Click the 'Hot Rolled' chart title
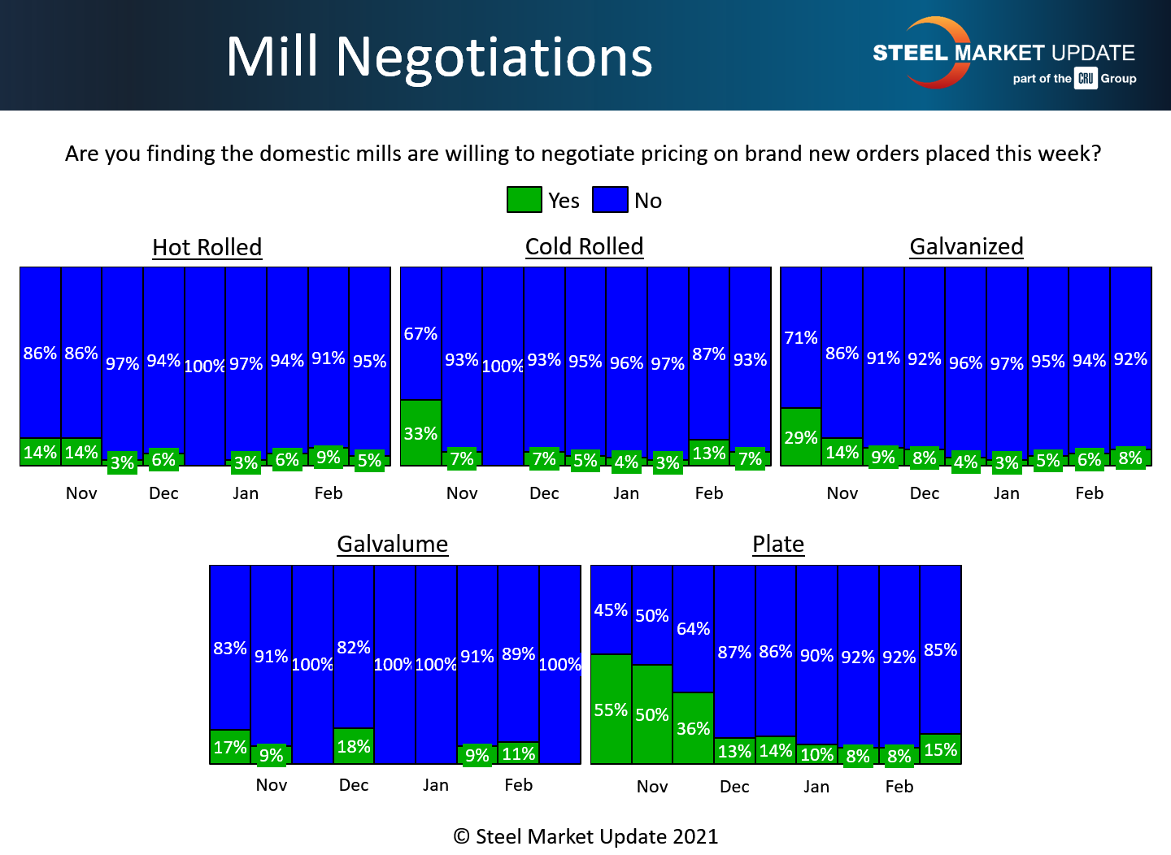207,247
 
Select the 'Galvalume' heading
392,544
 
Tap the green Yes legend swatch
524,200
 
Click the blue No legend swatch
610,200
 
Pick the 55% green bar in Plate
611,709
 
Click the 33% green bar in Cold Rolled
420,433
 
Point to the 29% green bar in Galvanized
800,437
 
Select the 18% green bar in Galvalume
354,746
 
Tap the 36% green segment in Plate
693,728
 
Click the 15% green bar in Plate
940,749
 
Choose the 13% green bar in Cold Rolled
708,453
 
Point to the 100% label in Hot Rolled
204,366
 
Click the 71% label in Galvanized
800,337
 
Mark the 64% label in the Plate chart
693,628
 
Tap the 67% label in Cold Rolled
420,333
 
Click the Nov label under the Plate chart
652,786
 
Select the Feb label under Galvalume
518,784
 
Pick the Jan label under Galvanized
1006,493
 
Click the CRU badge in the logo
1086,78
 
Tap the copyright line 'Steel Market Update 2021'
585,836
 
